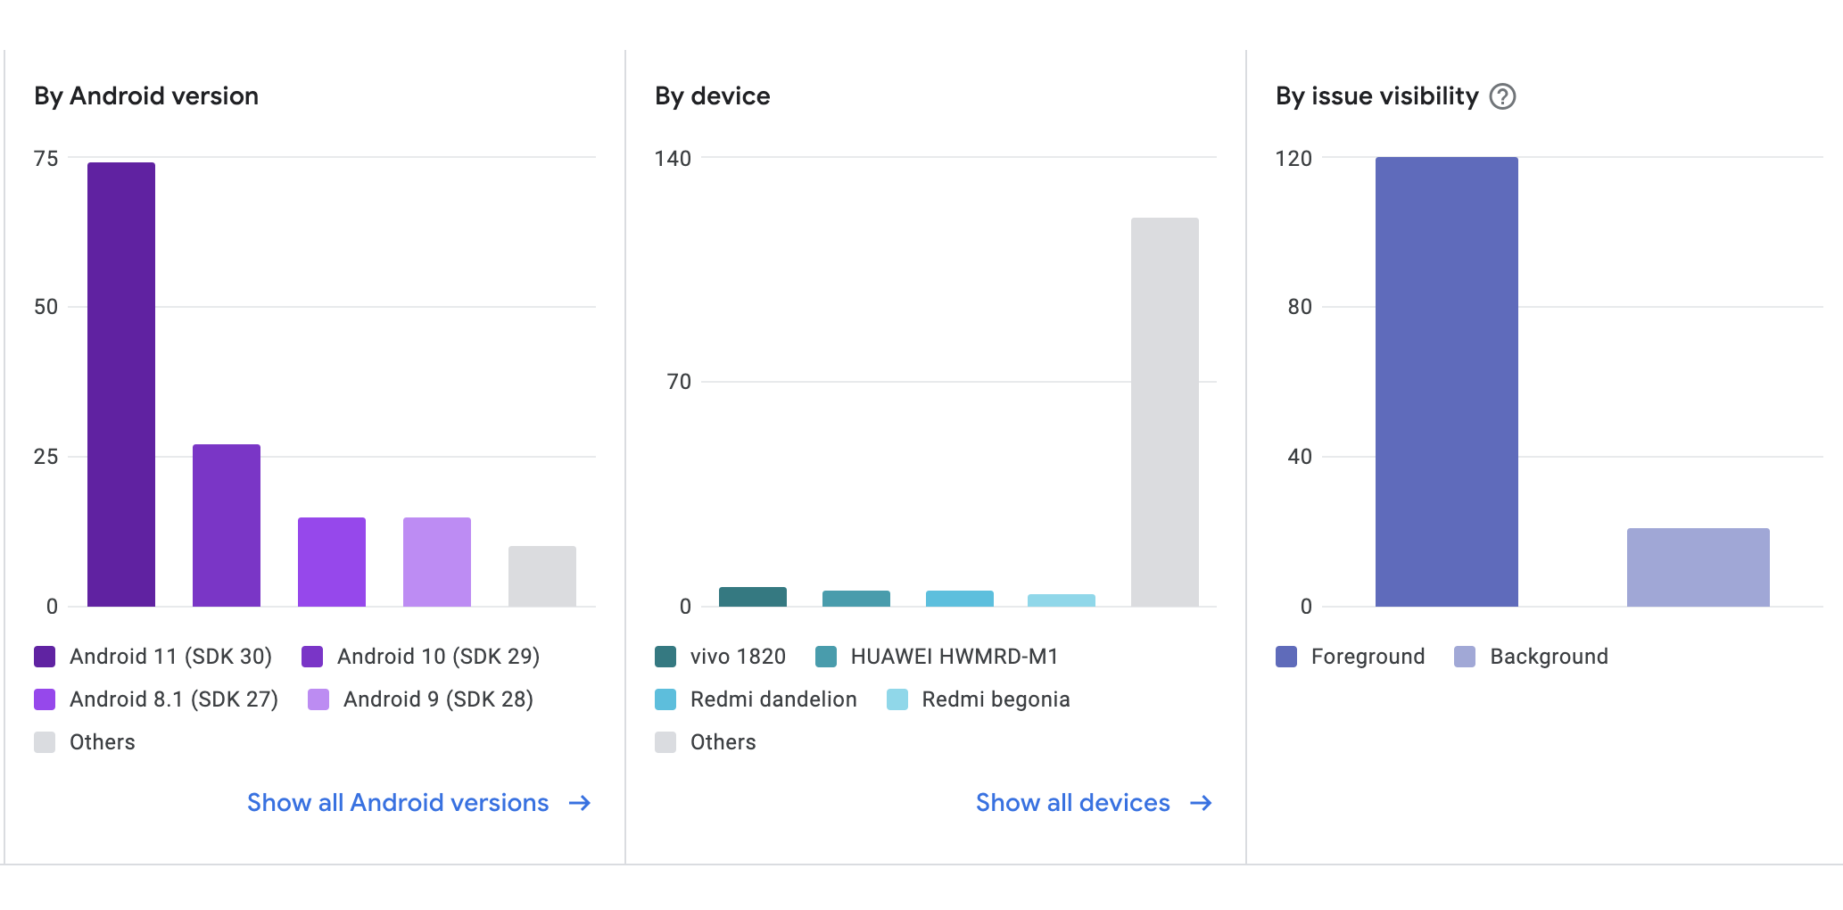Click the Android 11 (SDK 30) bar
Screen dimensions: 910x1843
pyautogui.click(x=121, y=384)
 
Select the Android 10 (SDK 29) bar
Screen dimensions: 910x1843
pyautogui.click(x=227, y=525)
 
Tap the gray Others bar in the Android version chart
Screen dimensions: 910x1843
pyautogui.click(x=542, y=576)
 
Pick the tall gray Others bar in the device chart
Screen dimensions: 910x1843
pyautogui.click(x=1165, y=412)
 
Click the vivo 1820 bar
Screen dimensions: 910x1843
pyautogui.click(x=753, y=597)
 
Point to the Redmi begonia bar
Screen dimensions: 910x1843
pyautogui.click(x=1062, y=600)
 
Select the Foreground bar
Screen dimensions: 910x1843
pyautogui.click(x=1446, y=382)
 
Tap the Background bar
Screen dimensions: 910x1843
pyautogui.click(x=1698, y=567)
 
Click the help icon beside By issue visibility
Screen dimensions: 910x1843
pyautogui.click(x=1503, y=96)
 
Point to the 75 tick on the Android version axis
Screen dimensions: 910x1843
pyautogui.click(x=46, y=159)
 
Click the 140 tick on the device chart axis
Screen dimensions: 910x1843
pyautogui.click(x=673, y=159)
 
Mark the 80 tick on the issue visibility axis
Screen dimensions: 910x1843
pyautogui.click(x=1300, y=307)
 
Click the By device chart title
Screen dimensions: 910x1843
pyautogui.click(x=712, y=96)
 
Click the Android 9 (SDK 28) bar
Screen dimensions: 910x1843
pyautogui.click(x=437, y=562)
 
